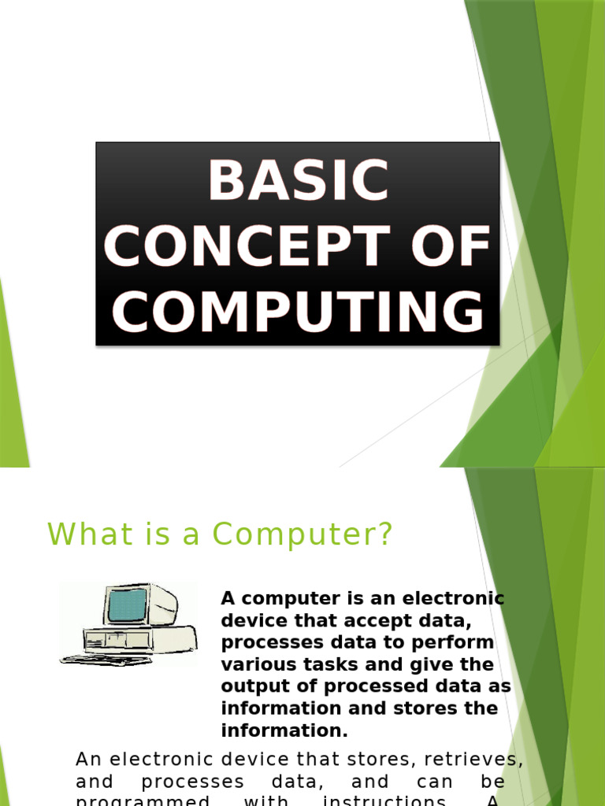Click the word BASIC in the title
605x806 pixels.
point(298,180)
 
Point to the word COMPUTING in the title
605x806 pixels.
point(298,312)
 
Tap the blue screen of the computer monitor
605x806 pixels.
point(127,604)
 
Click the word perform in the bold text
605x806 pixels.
point(457,642)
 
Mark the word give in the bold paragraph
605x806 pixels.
point(437,664)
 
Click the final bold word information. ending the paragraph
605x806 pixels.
point(284,730)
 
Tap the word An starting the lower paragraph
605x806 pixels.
point(88,760)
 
